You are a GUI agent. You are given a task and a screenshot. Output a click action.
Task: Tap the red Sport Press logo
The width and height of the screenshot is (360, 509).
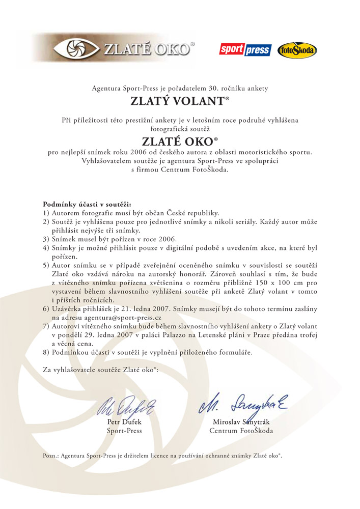pos(244,50)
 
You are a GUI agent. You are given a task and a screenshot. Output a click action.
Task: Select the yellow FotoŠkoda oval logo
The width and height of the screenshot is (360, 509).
pos(297,50)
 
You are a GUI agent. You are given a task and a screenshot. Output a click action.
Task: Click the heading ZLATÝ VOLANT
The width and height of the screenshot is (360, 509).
pos(180,101)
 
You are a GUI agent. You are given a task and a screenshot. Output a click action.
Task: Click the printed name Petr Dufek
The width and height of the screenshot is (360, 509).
pos(124,422)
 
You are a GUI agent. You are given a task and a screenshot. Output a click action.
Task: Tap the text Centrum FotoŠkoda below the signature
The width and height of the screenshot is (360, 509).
pos(241,431)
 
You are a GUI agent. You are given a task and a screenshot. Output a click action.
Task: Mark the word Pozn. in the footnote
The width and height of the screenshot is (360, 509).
pos(50,456)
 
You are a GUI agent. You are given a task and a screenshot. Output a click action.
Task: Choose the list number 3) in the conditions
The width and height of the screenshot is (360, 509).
pos(46,239)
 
